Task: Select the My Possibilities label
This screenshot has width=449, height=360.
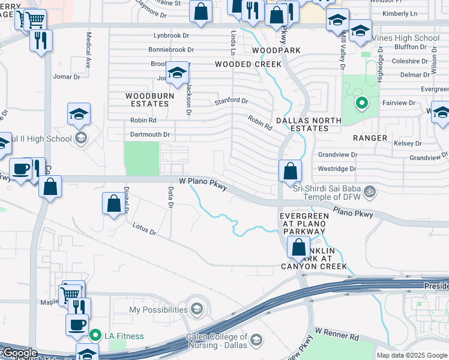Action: (158, 310)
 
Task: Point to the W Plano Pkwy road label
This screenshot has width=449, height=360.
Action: (203, 184)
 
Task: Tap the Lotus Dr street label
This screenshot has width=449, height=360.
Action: (144, 229)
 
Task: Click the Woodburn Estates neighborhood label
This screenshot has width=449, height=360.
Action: (149, 100)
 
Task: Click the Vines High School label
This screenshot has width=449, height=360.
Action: (406, 38)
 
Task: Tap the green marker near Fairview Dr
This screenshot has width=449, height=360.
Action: (361, 103)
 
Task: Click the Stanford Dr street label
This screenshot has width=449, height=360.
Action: (231, 101)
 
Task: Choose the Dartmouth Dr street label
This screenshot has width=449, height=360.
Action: (150, 134)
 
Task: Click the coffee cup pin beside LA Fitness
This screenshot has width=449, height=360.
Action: (77, 325)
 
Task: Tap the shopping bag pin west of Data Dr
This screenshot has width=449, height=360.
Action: (113, 203)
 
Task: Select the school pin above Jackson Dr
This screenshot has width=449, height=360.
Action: (177, 73)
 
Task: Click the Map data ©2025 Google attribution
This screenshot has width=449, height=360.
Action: (411, 355)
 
